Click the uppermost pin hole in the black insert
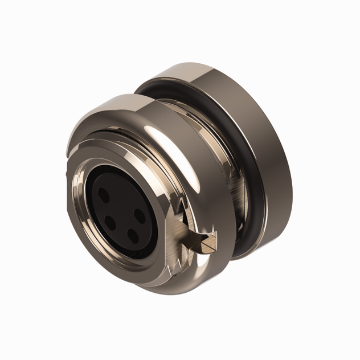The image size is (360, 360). (103, 193)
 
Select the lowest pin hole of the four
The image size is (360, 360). (132, 234)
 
